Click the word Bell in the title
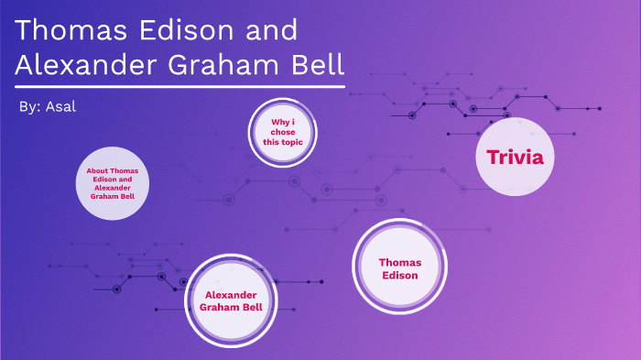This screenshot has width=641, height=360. pos(317,66)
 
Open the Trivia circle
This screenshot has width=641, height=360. pos(516,157)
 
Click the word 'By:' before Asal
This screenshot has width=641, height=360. pos(28,107)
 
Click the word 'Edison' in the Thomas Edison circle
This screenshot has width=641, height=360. pos(399,275)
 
